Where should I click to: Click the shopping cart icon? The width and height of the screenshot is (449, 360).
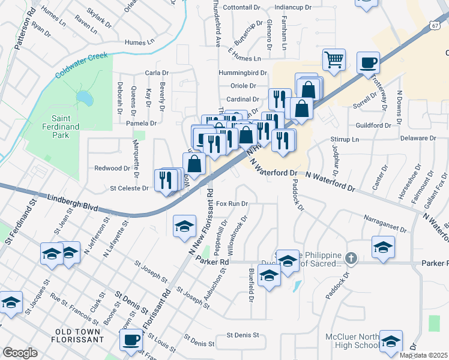pos(334,59)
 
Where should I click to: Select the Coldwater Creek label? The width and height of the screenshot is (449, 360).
pos(80,65)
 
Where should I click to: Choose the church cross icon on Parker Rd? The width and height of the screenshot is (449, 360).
pos(351,259)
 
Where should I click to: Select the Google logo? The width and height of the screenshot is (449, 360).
pos(20,353)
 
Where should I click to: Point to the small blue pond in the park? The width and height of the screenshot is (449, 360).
pos(85,97)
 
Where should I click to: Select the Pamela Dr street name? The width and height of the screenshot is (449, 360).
pos(141,123)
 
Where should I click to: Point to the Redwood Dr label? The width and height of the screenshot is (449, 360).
pos(112,169)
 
